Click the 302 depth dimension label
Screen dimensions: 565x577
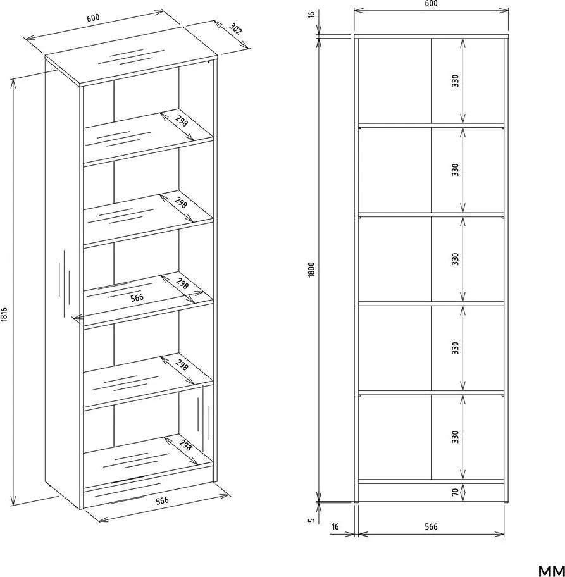[235, 28]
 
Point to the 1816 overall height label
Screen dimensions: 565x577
[4, 314]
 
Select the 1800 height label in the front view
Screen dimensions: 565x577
[311, 270]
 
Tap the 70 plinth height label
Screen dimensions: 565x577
[456, 492]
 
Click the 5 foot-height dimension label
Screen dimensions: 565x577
[311, 520]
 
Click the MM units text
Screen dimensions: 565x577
[551, 571]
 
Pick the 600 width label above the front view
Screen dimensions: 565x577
[431, 4]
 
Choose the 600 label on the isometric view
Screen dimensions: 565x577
[93, 18]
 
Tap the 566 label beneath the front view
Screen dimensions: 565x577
[431, 526]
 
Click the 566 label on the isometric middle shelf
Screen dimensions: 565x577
[137, 297]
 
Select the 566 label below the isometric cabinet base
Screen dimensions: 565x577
[162, 500]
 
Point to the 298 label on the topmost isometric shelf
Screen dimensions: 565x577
[181, 121]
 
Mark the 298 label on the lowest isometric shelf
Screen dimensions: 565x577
[185, 445]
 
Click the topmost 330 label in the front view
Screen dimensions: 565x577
[456, 80]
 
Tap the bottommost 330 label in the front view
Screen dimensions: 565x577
[456, 437]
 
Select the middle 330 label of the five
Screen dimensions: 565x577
[456, 259]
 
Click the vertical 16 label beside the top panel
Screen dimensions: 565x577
[311, 15]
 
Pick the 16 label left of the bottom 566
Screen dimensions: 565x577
[335, 526]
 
